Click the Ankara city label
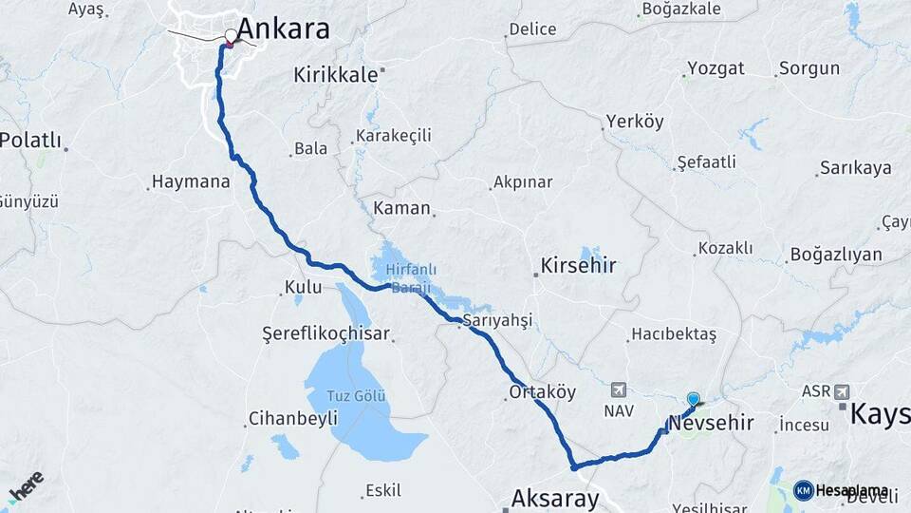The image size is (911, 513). (x=283, y=29)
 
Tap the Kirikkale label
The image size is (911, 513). (x=336, y=75)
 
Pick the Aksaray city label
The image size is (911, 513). (x=555, y=498)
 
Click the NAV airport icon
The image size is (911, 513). (x=619, y=389)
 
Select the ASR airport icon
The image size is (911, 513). (x=841, y=390)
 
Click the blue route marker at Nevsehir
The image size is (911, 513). (x=694, y=400)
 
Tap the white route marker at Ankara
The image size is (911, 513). (x=231, y=36)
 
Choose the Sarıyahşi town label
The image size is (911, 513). (x=498, y=319)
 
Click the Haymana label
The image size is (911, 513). (x=191, y=181)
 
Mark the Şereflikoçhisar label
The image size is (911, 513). (x=327, y=333)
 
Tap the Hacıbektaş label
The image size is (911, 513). (x=673, y=334)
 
